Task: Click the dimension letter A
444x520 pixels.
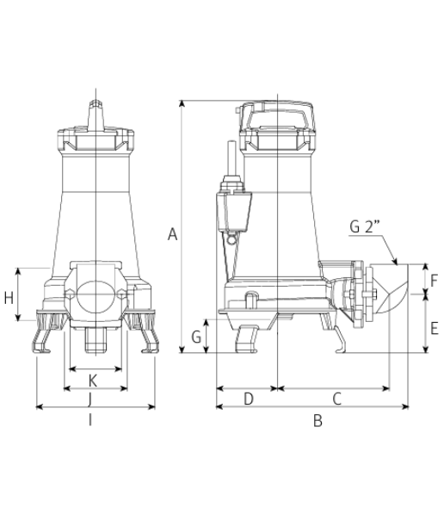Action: click(x=172, y=234)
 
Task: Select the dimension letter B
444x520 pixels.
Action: click(x=318, y=421)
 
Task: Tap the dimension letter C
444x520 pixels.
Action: click(x=336, y=399)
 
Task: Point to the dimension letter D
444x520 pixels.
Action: click(x=249, y=399)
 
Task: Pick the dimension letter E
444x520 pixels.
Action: click(x=434, y=329)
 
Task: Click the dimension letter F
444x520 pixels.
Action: click(x=434, y=281)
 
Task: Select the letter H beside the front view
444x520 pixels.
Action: click(x=9, y=298)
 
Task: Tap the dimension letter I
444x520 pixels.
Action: click(x=90, y=420)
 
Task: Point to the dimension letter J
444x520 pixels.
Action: click(x=89, y=399)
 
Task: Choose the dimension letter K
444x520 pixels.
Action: click(x=93, y=381)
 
